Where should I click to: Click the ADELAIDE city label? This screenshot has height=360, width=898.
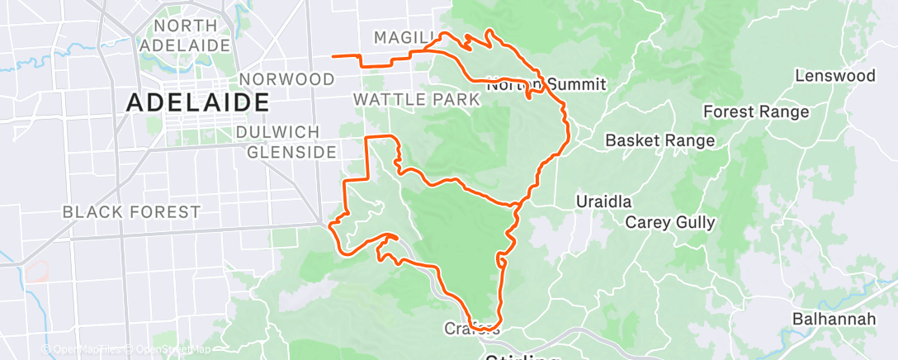point(198,103)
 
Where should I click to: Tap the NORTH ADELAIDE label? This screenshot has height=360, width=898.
point(183,36)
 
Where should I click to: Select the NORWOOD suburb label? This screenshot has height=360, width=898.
point(286,79)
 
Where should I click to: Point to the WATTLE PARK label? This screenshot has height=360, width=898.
point(416,100)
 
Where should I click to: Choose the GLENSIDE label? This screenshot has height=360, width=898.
point(291,152)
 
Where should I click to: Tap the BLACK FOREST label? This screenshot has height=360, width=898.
point(131,212)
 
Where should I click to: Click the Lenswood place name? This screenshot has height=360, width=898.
point(834,76)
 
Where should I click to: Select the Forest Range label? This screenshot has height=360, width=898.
point(756,111)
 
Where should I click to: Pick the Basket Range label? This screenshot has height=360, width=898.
point(660,141)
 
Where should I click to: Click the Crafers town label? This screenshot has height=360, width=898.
point(472,329)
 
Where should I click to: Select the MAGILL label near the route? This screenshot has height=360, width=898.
point(404,37)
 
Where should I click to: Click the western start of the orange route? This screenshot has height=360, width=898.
point(333,56)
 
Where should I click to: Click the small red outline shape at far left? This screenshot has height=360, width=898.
point(36,271)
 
